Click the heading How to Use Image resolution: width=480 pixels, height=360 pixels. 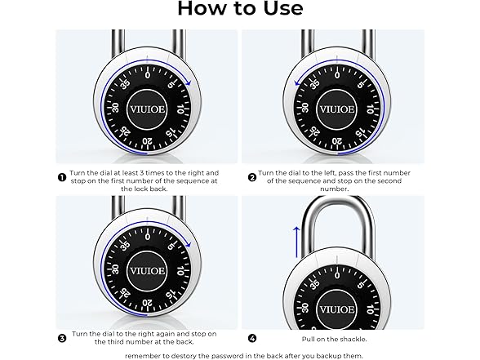click(240, 10)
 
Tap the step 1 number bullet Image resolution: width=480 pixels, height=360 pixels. click(62, 174)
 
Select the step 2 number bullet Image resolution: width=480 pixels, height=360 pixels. click(251, 174)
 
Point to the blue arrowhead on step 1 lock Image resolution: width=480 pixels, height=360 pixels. click(189, 82)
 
